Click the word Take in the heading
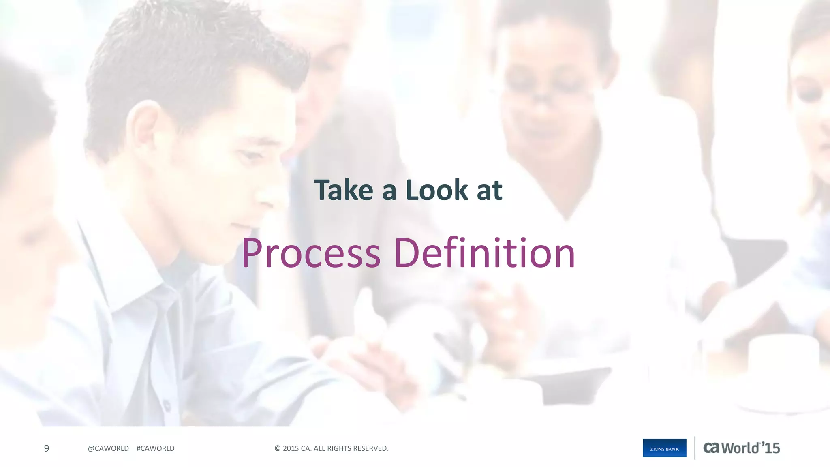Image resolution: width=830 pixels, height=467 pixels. tap(343, 190)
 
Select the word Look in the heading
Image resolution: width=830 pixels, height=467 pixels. tap(437, 190)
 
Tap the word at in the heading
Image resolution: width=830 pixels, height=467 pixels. tap(490, 191)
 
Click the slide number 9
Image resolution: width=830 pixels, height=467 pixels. tap(47, 448)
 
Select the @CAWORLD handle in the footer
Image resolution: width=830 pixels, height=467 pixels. tap(108, 448)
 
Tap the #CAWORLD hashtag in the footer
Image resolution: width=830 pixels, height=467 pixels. tap(156, 448)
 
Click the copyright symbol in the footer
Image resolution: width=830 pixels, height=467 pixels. tap(278, 448)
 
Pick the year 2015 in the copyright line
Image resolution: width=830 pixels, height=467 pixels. tap(291, 448)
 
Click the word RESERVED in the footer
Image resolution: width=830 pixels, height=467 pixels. tap(370, 448)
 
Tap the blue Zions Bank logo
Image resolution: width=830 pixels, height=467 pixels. tap(664, 448)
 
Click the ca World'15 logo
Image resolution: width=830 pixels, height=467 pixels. tap(741, 448)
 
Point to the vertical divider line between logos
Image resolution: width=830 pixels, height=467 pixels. tap(695, 448)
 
